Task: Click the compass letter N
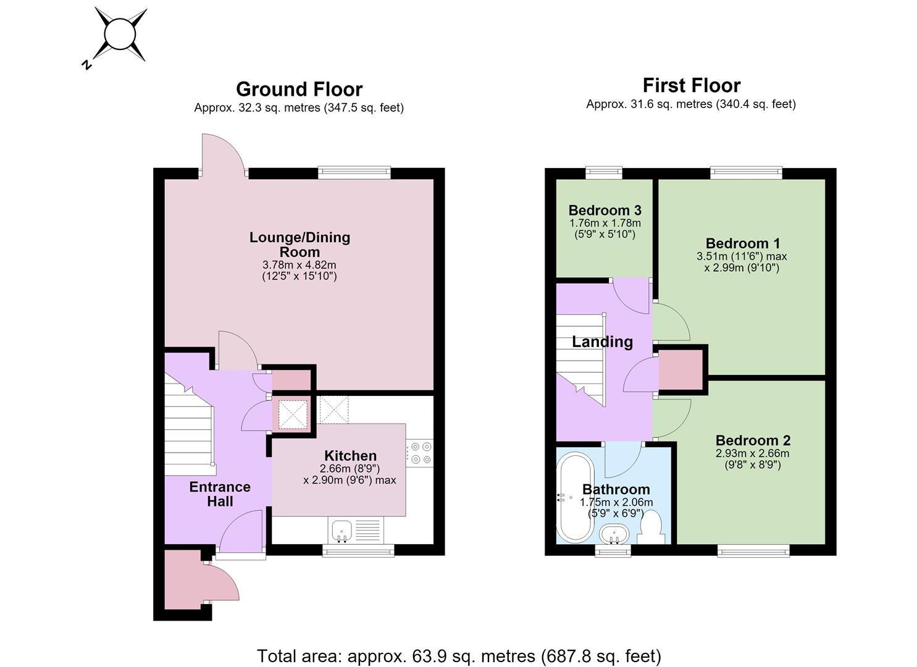point(87,65)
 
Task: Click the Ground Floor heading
point(299,90)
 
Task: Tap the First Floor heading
point(692,86)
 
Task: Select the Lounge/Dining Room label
point(299,245)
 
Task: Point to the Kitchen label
point(350,456)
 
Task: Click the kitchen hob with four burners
point(420,453)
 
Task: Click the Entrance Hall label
point(220,494)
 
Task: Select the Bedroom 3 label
point(605,210)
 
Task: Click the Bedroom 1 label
point(743,243)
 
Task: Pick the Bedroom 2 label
point(753,440)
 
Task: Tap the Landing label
point(602,342)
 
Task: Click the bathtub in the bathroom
point(575,497)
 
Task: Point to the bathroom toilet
point(651,527)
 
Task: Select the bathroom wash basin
point(614,535)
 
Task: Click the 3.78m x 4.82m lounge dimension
point(299,264)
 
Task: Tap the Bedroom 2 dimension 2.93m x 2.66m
point(752,453)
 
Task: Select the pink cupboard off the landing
point(680,370)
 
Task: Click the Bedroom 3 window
point(604,172)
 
